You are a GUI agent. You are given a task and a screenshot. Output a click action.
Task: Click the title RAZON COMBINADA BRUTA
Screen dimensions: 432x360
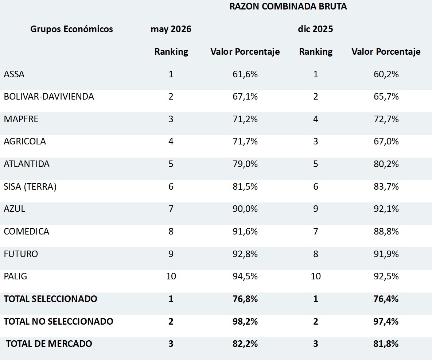click(288, 6)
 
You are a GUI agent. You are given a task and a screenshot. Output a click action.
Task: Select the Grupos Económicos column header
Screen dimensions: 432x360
click(71, 29)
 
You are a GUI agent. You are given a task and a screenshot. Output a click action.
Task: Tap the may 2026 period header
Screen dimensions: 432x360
click(171, 29)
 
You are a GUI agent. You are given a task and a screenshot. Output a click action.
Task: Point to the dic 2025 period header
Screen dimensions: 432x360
click(315, 29)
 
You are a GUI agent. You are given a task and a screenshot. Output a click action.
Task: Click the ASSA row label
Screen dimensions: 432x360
click(14, 74)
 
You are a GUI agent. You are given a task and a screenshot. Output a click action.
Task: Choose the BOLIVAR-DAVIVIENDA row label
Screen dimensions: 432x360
click(49, 97)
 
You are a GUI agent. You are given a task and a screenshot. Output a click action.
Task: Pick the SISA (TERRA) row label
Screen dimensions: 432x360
click(30, 187)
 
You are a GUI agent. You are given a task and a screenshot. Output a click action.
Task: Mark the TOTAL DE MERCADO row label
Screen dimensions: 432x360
click(49, 344)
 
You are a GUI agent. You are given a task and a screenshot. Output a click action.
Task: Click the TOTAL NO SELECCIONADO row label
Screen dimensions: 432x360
click(58, 321)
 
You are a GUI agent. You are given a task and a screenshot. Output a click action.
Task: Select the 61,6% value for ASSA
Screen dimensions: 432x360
click(245, 74)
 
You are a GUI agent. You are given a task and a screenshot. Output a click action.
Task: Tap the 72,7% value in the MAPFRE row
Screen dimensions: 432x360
click(386, 119)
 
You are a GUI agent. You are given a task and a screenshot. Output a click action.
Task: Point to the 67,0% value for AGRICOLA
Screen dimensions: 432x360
click(386, 142)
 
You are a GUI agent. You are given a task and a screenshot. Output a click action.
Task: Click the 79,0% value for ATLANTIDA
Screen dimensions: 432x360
click(245, 164)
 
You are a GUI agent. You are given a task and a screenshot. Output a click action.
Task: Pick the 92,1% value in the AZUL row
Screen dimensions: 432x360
click(386, 209)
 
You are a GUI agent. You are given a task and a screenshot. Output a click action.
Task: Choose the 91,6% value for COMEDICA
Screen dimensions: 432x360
click(245, 231)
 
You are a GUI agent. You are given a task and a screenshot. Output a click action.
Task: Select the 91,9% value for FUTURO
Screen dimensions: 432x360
click(386, 254)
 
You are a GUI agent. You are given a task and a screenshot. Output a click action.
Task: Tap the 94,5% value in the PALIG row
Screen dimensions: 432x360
click(245, 276)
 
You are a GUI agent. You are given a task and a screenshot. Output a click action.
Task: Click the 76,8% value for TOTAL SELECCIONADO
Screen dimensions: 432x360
click(245, 299)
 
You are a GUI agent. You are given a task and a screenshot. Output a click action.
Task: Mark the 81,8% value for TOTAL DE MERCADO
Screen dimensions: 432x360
click(386, 344)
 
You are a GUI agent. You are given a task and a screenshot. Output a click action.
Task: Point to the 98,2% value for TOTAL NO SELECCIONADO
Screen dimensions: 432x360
click(245, 321)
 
